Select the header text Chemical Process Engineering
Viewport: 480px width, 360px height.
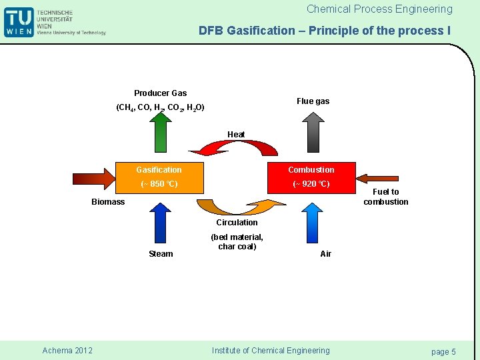pos(379,9)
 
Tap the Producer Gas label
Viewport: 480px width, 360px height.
pos(160,93)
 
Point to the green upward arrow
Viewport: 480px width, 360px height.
pos(160,133)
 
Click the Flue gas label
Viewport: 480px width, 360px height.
pos(313,101)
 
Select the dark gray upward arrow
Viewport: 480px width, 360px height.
pos(312,133)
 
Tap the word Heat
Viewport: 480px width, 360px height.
pos(236,135)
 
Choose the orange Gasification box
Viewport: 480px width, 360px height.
pos(159,177)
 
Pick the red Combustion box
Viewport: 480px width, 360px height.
pos(311,177)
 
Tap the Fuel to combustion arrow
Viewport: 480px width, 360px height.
pos(380,177)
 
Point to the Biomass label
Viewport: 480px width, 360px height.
pos(108,202)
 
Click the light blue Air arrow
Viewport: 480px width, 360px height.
pos(311,222)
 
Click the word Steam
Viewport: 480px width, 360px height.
pos(161,254)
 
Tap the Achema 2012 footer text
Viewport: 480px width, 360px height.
pos(67,351)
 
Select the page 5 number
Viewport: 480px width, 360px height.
pos(443,351)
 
